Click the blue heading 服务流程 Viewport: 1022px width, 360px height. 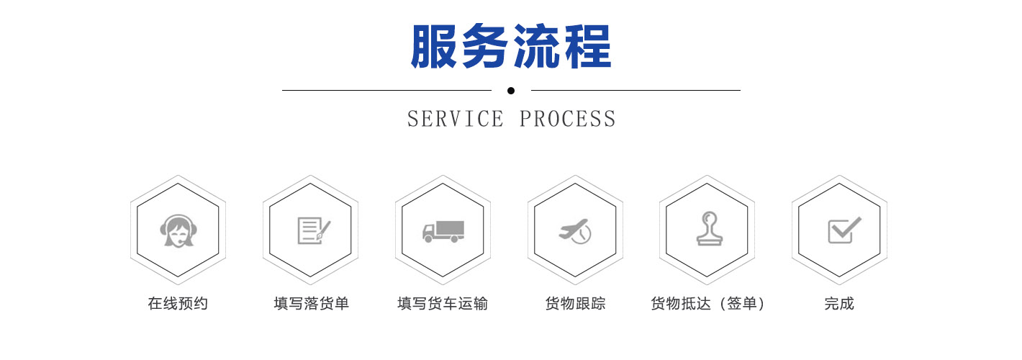point(511,46)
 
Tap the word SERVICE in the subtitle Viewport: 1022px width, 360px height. point(456,119)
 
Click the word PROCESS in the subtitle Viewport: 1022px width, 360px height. point(568,119)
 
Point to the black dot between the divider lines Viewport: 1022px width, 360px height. point(511,91)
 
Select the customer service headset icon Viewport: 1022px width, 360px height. point(178,231)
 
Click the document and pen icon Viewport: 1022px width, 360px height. point(314,231)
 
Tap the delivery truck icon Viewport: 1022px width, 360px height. point(443,231)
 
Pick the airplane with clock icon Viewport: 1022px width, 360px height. point(575,231)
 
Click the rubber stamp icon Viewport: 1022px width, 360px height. point(709,228)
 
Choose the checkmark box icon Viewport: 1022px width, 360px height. point(844,230)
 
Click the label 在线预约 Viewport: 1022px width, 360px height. point(178,303)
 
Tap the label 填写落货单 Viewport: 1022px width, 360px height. point(311,303)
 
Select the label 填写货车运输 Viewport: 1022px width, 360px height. point(443,303)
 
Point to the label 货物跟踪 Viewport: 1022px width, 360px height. point(575,303)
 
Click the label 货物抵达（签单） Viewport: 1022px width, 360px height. point(707,303)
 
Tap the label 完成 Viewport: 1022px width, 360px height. point(839,303)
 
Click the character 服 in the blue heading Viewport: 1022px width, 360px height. point(433,46)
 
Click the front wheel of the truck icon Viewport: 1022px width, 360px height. point(428,238)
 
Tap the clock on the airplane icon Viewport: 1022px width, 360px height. point(583,235)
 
